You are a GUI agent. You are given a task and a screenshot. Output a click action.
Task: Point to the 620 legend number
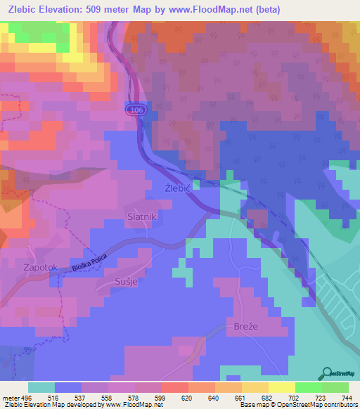(186, 397)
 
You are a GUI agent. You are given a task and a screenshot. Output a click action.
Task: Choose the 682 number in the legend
(259, 397)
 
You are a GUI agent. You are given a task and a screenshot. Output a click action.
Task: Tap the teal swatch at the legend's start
(41, 387)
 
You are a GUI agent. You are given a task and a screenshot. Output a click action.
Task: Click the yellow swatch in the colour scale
(281, 387)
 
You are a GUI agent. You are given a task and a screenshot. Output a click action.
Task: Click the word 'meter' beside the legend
(11, 397)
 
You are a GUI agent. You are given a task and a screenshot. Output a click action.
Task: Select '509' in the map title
(114, 10)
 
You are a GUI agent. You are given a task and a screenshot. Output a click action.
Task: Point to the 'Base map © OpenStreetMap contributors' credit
(299, 405)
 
